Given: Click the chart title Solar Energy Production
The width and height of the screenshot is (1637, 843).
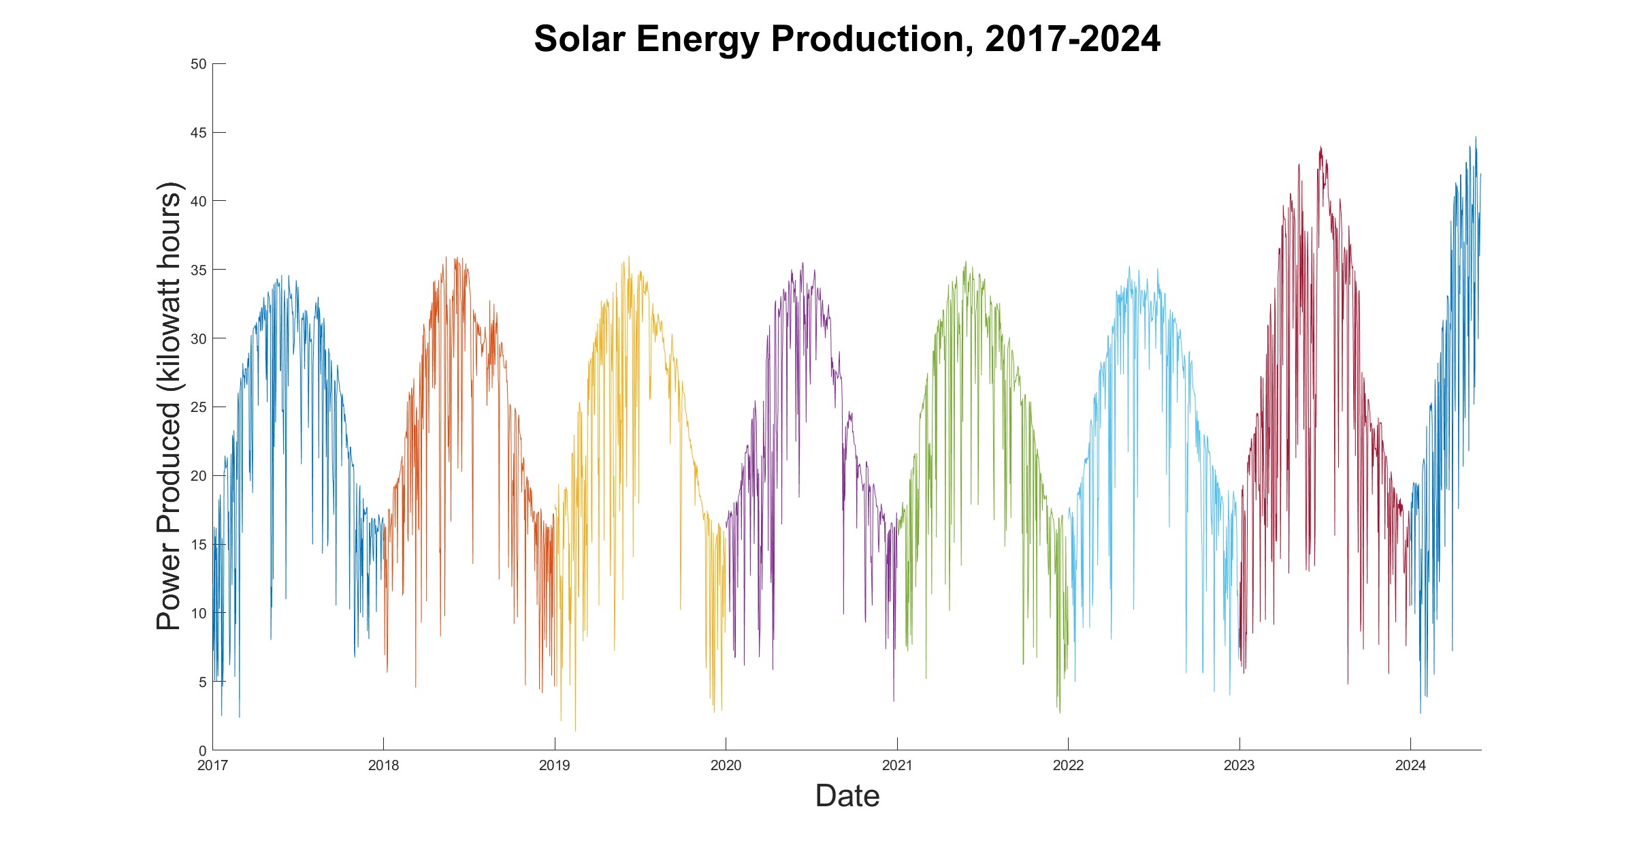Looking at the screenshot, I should (847, 39).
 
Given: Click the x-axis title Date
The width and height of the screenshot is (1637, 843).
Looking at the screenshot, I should (847, 795).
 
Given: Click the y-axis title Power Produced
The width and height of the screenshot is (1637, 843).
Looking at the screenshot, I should (169, 407).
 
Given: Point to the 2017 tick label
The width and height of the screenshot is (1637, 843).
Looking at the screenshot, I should (212, 766).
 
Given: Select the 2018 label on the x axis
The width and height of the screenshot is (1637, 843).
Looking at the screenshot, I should (383, 766).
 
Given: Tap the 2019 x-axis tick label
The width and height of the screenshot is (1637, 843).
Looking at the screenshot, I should (554, 766).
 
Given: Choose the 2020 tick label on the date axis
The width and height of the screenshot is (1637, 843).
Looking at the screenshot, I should (726, 766).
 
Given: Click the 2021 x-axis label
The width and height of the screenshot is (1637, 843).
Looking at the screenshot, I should (896, 766).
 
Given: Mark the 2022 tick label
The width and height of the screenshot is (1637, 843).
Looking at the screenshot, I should (1068, 766).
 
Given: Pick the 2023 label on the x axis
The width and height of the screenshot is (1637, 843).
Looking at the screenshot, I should (1239, 766).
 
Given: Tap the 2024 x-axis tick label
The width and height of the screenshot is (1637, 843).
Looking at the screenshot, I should (1410, 766).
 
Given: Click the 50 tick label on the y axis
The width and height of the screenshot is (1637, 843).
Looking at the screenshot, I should (198, 64).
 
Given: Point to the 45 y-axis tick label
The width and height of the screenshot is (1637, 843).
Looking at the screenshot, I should (198, 133).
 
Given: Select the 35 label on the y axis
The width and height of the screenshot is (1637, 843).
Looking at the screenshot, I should (198, 270).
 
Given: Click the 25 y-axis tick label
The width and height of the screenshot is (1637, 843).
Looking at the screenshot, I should (198, 407).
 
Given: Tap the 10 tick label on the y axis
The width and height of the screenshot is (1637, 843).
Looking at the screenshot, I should (198, 614).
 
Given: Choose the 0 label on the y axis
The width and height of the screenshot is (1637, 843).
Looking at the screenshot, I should (201, 750).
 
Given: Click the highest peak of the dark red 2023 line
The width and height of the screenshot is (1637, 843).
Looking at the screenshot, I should (1320, 147).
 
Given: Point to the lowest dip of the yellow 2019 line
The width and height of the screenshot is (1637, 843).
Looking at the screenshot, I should (575, 731).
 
